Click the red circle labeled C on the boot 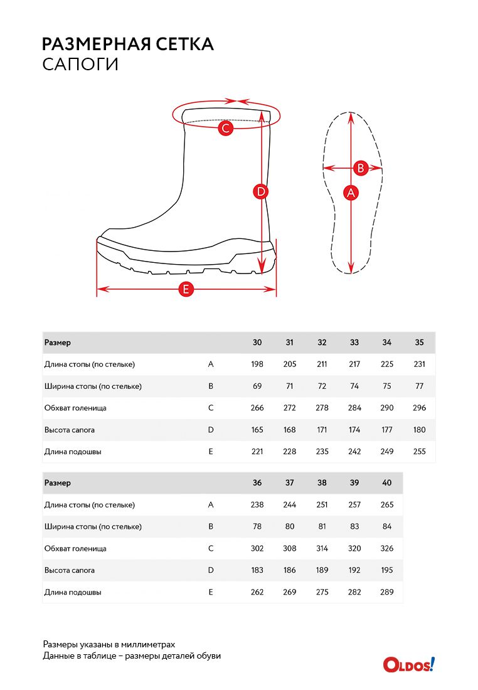(226, 129)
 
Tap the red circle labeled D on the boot (261, 192)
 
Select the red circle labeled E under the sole (186, 289)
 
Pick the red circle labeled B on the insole (361, 168)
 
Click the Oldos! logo (409, 664)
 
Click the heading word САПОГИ (80, 65)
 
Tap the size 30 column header (257, 342)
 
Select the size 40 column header (387, 483)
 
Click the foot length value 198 (257, 364)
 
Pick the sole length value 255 (420, 452)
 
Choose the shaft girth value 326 (387, 548)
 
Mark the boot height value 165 (257, 430)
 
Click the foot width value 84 (387, 527)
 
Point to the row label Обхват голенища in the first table (75, 408)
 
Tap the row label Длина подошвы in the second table (73, 592)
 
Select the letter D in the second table (211, 570)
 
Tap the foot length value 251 (322, 505)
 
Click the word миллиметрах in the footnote (149, 644)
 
